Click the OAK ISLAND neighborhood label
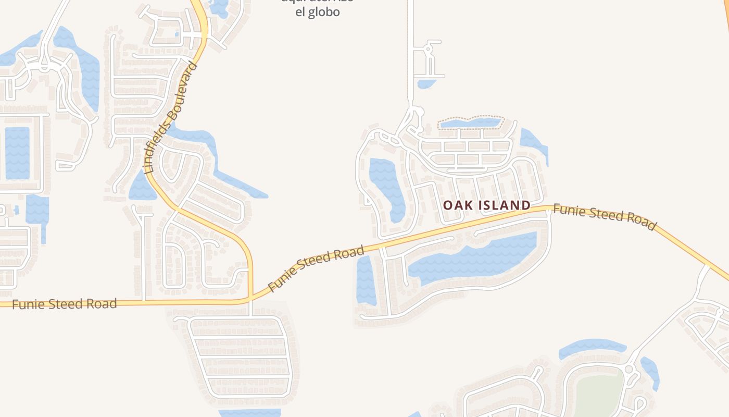pos(486,205)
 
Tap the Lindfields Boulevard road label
pos(171,117)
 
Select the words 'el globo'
pos(318,12)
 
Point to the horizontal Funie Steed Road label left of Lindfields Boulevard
pos(64,304)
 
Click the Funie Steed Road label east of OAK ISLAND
pos(604,216)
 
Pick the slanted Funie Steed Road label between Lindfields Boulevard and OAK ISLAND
pos(316,268)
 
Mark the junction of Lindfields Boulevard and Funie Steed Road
pos(250,299)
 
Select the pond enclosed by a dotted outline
pos(471,123)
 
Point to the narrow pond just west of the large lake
pos(366,280)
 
